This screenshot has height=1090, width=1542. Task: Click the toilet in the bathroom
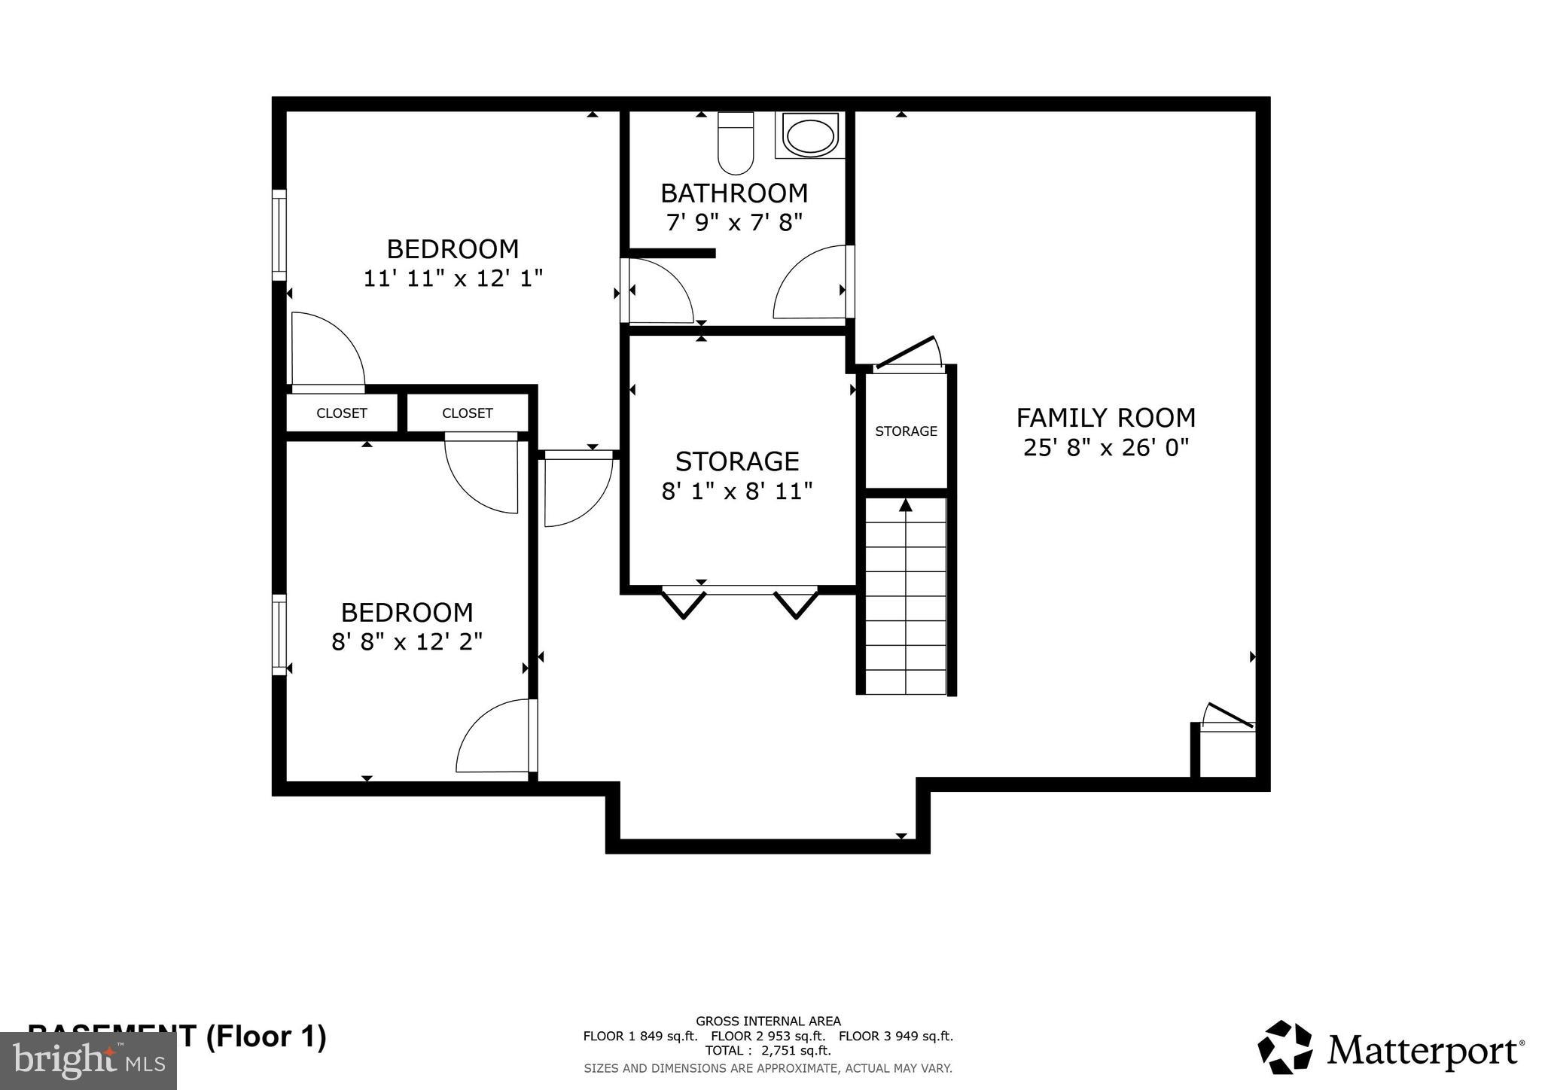click(x=736, y=143)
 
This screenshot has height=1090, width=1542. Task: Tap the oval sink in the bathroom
click(x=810, y=135)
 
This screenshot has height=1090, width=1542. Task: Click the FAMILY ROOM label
click(x=1105, y=418)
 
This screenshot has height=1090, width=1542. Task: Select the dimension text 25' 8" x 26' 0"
click(x=1105, y=448)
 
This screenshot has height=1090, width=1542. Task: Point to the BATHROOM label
click(x=734, y=193)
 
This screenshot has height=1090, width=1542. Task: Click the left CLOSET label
click(x=341, y=413)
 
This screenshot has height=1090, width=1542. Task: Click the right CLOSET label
click(x=467, y=413)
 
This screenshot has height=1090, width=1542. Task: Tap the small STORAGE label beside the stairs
click(x=906, y=431)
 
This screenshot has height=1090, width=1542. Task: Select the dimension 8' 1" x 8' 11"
click(x=737, y=492)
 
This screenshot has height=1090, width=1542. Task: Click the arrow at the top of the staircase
click(x=906, y=505)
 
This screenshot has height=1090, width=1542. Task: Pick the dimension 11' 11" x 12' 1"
click(x=453, y=279)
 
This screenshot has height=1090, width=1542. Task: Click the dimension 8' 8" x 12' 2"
click(x=407, y=642)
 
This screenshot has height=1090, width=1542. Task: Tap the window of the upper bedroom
click(x=279, y=235)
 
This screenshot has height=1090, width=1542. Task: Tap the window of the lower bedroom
click(x=279, y=634)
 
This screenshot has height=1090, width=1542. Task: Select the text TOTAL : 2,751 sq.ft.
click(x=768, y=1051)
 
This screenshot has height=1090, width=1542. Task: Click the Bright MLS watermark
click(x=88, y=1061)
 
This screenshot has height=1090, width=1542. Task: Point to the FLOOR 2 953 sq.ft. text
click(x=768, y=1036)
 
